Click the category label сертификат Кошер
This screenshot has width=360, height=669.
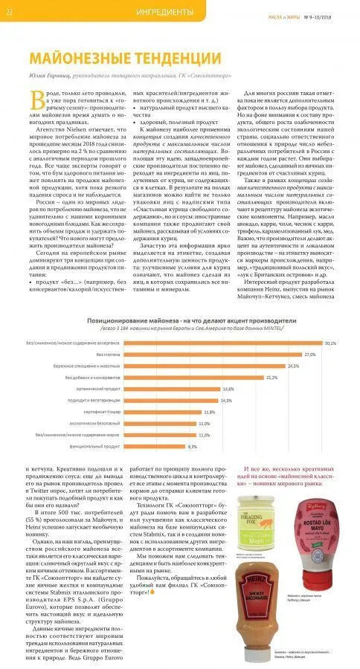pyautogui.click(x=98, y=412)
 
